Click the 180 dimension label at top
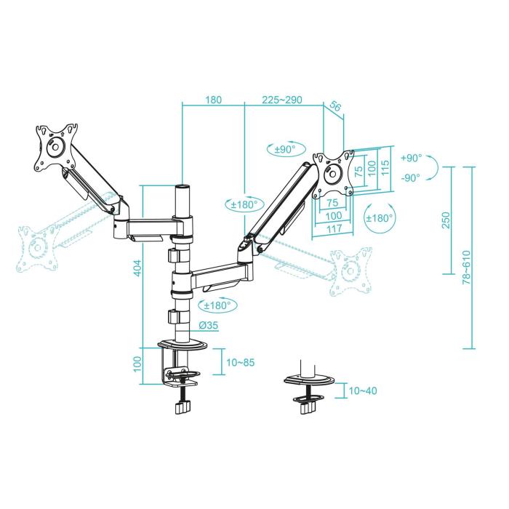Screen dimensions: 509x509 pyautogui.click(x=214, y=100)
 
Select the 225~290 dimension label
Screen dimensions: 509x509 pyautogui.click(x=282, y=100)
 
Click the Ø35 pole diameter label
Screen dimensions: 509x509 pyautogui.click(x=209, y=326)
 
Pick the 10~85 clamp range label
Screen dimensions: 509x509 pyautogui.click(x=241, y=361)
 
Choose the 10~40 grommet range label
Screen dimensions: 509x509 pyautogui.click(x=362, y=391)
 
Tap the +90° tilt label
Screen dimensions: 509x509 pyautogui.click(x=411, y=159)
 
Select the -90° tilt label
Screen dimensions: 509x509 pyautogui.click(x=411, y=178)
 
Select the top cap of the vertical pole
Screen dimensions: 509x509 pyautogui.click(x=183, y=188)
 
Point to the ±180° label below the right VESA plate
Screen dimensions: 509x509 pyautogui.click(x=380, y=217)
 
